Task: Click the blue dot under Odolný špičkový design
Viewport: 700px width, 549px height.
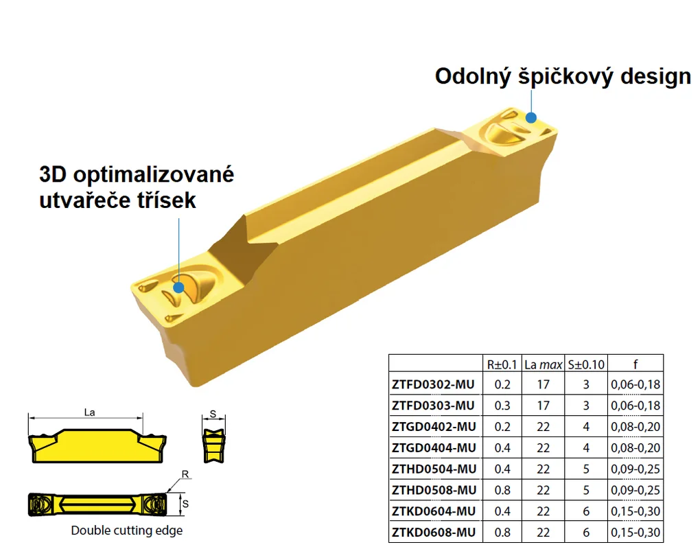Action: coord(530,118)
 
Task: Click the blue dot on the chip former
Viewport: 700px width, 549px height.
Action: coord(178,288)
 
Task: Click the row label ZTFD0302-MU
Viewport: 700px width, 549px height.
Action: coord(433,384)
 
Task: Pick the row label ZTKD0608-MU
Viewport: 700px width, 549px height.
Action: coord(434,532)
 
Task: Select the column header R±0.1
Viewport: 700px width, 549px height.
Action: coord(502,364)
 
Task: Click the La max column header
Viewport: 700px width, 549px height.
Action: coord(544,364)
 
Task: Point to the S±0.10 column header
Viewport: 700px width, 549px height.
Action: coord(586,364)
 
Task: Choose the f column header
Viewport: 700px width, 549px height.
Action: coord(635,364)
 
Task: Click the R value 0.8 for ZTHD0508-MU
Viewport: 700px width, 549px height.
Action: coord(502,490)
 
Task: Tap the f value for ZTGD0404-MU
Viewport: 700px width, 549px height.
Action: coord(635,447)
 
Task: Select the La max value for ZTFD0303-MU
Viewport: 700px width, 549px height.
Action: coord(544,406)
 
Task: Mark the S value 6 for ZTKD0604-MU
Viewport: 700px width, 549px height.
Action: coord(586,511)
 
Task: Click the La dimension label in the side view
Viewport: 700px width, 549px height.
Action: coord(89,412)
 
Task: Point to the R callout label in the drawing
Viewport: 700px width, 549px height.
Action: coord(185,474)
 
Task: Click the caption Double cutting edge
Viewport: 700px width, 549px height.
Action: coord(127,530)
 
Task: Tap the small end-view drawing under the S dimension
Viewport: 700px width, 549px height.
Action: coord(214,445)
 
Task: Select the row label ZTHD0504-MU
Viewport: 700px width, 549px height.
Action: coord(434,469)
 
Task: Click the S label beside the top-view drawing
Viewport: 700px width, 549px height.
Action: coord(186,504)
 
